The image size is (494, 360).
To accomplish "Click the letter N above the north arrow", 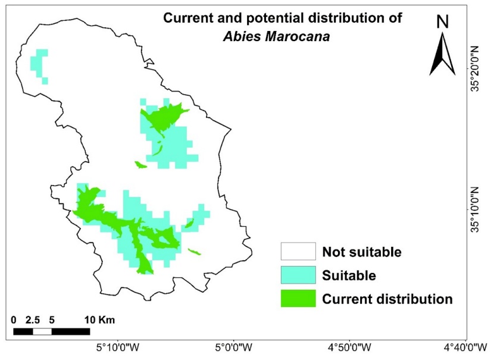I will tap(442, 22).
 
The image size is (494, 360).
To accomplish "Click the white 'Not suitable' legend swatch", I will tap(298, 252).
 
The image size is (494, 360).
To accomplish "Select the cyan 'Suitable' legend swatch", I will tap(298, 275).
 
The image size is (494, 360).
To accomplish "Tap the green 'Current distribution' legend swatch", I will tap(298, 299).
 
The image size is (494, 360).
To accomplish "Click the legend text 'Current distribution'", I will tap(387, 299).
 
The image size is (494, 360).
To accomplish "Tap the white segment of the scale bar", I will tap(42, 331).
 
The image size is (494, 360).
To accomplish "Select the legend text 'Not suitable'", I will tap(362, 252).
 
